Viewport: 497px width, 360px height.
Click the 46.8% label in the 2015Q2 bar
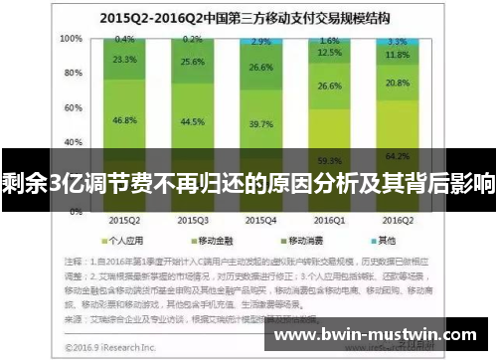coord(125,119)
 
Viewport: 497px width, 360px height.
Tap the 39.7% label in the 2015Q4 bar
coord(261,124)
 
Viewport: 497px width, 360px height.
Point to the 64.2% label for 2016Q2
coord(396,155)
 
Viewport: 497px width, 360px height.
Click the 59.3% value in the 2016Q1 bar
coord(329,159)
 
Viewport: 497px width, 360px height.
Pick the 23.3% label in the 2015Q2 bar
coord(125,60)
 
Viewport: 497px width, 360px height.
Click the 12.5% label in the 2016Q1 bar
coord(329,53)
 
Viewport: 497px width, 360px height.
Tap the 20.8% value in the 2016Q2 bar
coord(396,83)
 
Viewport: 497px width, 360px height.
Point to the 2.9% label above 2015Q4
coord(261,42)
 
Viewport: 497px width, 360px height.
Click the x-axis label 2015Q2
coord(125,218)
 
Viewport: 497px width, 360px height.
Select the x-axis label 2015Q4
coord(261,218)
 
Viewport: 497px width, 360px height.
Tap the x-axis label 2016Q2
coord(396,218)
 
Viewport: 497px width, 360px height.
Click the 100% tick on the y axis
coord(72,39)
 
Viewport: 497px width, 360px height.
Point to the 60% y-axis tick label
coord(74,103)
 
